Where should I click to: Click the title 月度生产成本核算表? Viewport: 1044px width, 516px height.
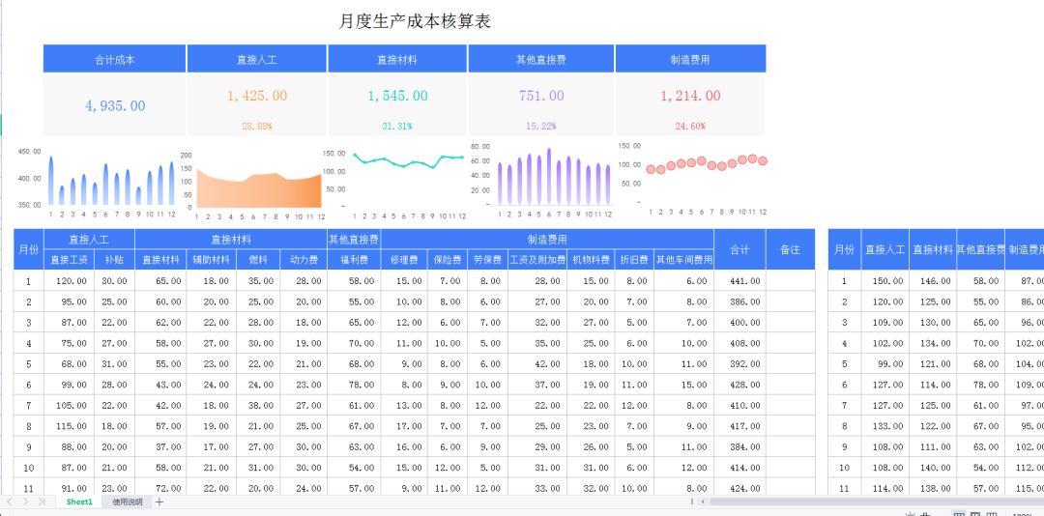point(416,21)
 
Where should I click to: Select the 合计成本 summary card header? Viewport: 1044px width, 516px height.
point(114,60)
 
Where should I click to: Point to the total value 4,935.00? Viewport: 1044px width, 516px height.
point(114,106)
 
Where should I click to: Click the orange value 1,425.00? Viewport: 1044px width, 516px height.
point(256,96)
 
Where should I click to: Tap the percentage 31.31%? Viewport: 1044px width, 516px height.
point(396,127)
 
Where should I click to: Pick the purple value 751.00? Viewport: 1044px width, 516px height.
point(540,96)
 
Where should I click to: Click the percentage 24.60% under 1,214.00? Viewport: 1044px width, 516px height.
point(690,127)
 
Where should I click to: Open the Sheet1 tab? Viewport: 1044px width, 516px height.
point(79,502)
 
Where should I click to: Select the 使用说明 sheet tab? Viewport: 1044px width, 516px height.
point(127,502)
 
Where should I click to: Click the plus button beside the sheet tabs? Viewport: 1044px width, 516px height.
point(159,502)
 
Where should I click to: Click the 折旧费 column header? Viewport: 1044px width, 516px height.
point(634,260)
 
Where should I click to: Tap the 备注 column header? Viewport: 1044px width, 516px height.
point(790,249)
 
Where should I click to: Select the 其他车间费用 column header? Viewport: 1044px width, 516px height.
point(683,260)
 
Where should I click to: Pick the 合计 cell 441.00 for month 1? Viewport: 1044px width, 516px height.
point(739,281)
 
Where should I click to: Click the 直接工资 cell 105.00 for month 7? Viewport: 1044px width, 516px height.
point(72,406)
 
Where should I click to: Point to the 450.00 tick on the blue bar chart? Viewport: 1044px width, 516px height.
point(30,152)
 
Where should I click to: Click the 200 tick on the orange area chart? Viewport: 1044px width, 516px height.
point(187,156)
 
